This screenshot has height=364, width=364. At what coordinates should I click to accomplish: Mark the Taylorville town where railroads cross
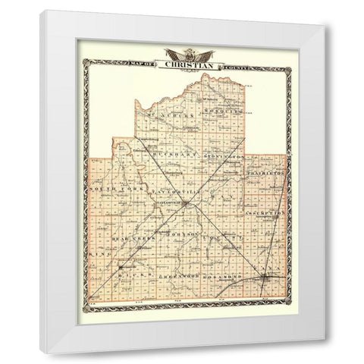click(184, 202)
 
